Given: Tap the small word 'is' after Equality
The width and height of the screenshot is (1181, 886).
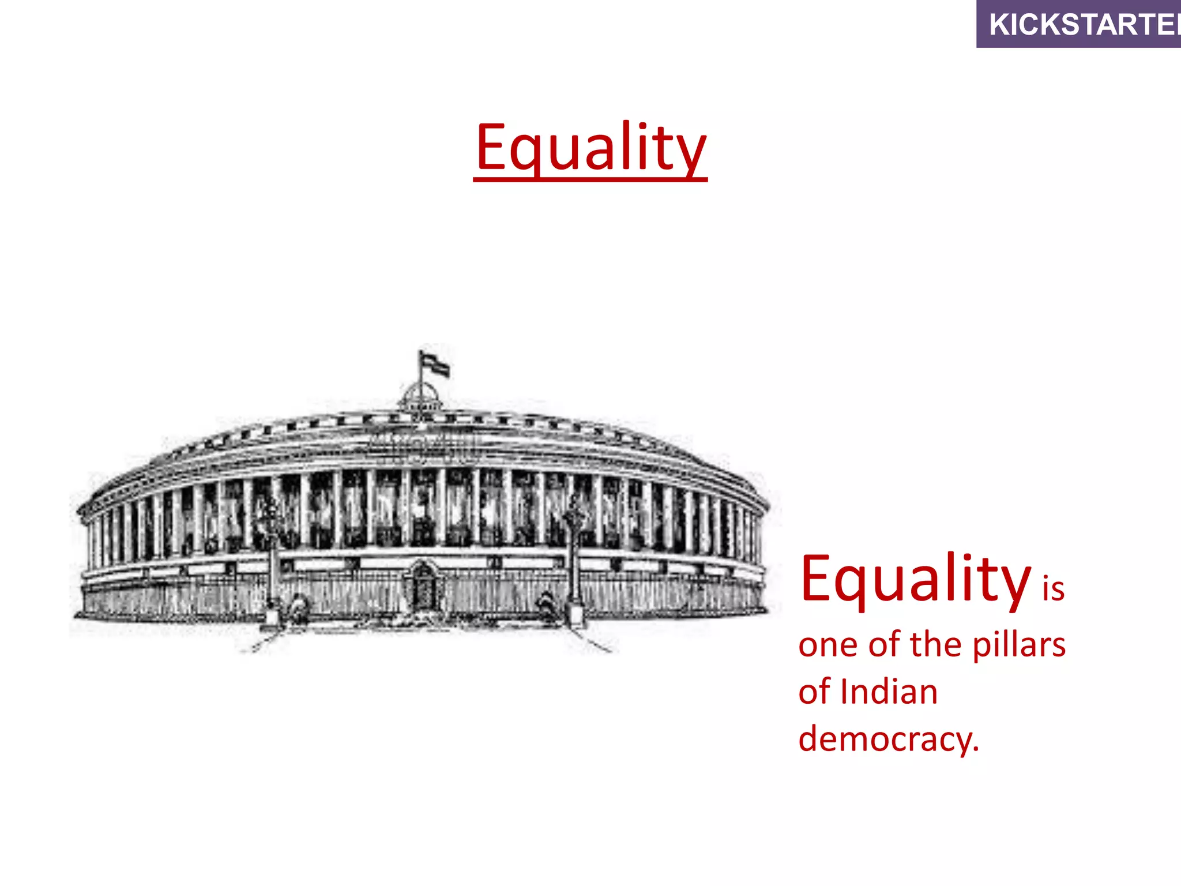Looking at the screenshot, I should [1053, 589].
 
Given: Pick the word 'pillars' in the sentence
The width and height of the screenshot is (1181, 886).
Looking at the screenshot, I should [1019, 645].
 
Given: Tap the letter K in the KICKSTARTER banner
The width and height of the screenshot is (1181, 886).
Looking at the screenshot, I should [999, 25].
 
